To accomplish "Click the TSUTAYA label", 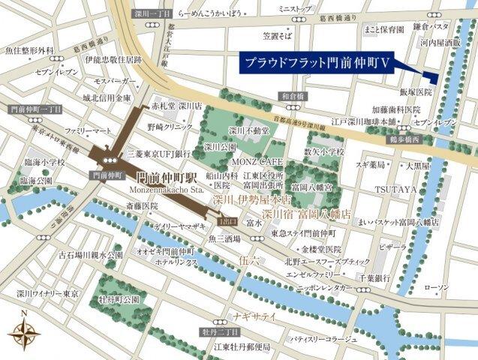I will pos(395,189).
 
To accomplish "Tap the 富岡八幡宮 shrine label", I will pos(312,185).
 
